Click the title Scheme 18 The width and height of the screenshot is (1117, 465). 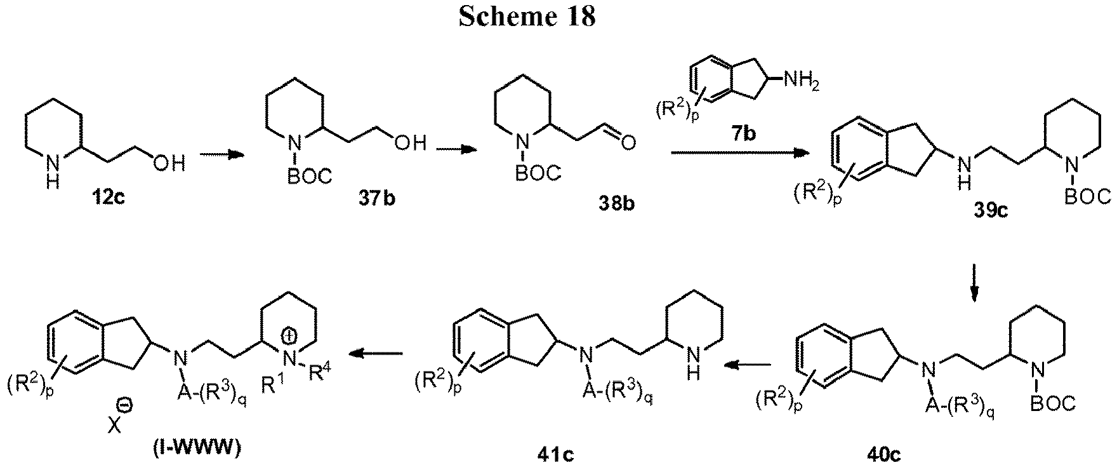[x=526, y=17]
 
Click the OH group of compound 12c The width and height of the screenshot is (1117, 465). [x=168, y=165]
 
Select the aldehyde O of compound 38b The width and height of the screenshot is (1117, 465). [x=628, y=144]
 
